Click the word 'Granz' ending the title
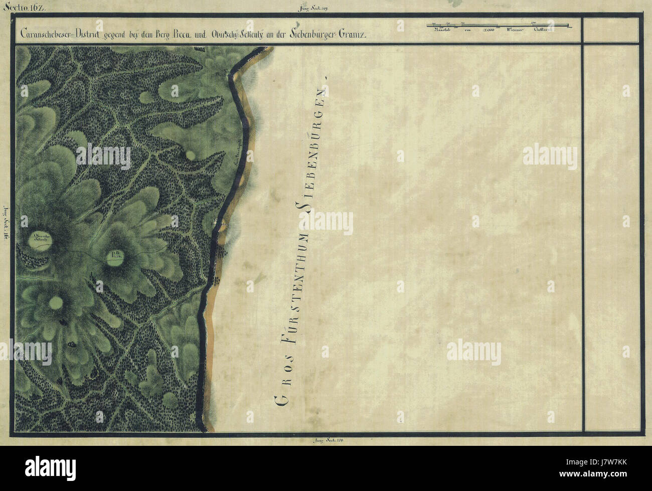(x=355, y=35)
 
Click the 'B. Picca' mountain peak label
(x=113, y=258)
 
